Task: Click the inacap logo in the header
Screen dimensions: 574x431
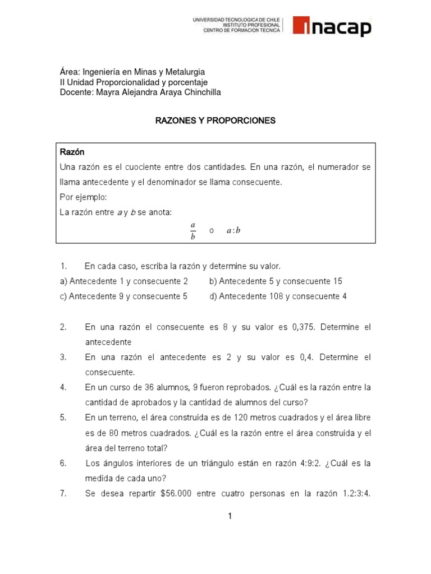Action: pyautogui.click(x=331, y=26)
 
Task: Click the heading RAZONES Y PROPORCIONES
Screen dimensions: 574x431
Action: pyautogui.click(x=215, y=121)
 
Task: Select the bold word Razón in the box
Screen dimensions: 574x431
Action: pyautogui.click(x=72, y=152)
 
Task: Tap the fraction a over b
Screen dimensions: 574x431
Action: pyautogui.click(x=192, y=231)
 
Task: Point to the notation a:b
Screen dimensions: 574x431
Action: pyautogui.click(x=233, y=231)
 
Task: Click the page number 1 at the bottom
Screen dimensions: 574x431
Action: pyautogui.click(x=230, y=516)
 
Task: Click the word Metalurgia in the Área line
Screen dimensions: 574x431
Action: pyautogui.click(x=185, y=72)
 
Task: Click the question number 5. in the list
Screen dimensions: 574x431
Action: pyautogui.click(x=63, y=418)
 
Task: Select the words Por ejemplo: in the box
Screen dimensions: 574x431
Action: pyautogui.click(x=82, y=197)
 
